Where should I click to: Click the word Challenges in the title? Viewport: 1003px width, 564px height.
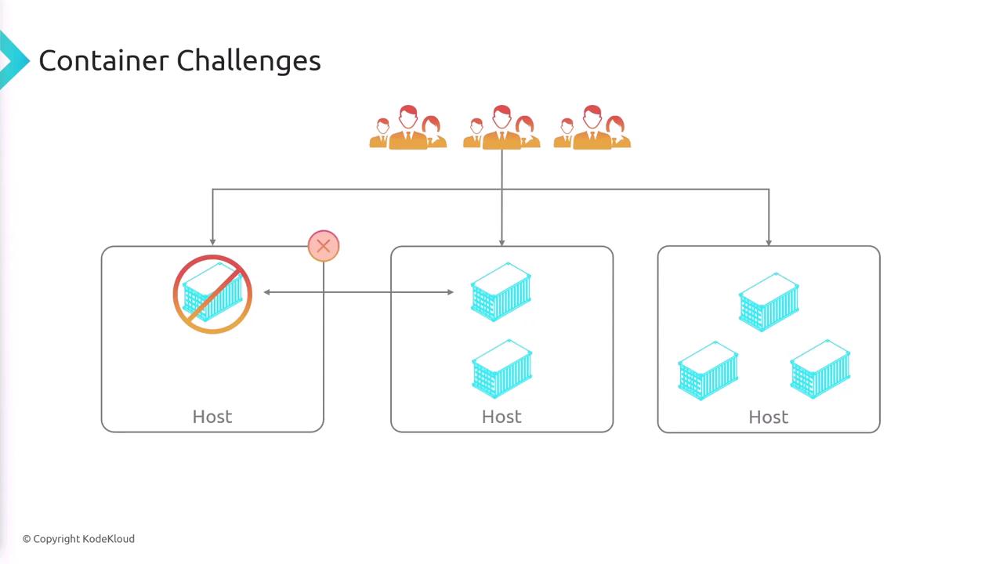click(249, 61)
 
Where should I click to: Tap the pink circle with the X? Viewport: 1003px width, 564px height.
click(324, 246)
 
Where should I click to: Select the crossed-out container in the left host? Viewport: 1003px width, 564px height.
click(212, 295)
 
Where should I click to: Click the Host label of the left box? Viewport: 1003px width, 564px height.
click(212, 417)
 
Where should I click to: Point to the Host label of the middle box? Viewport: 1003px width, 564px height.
click(501, 417)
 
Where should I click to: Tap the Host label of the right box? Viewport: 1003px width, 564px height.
click(769, 417)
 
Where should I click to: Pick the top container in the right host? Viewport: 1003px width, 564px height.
click(769, 302)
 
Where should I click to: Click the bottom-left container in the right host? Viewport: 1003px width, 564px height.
click(708, 371)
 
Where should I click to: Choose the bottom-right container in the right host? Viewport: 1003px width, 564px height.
click(820, 370)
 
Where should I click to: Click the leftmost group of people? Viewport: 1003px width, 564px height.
click(408, 128)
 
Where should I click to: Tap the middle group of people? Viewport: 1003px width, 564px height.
click(501, 128)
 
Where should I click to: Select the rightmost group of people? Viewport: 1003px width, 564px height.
click(592, 128)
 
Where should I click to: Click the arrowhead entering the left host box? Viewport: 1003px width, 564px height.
click(212, 242)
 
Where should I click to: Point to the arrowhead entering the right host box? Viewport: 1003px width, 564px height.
click(769, 242)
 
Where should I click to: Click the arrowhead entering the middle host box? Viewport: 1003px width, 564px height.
click(501, 242)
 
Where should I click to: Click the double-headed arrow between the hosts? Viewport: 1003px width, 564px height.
click(359, 292)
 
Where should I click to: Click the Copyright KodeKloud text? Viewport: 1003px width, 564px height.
click(78, 539)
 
